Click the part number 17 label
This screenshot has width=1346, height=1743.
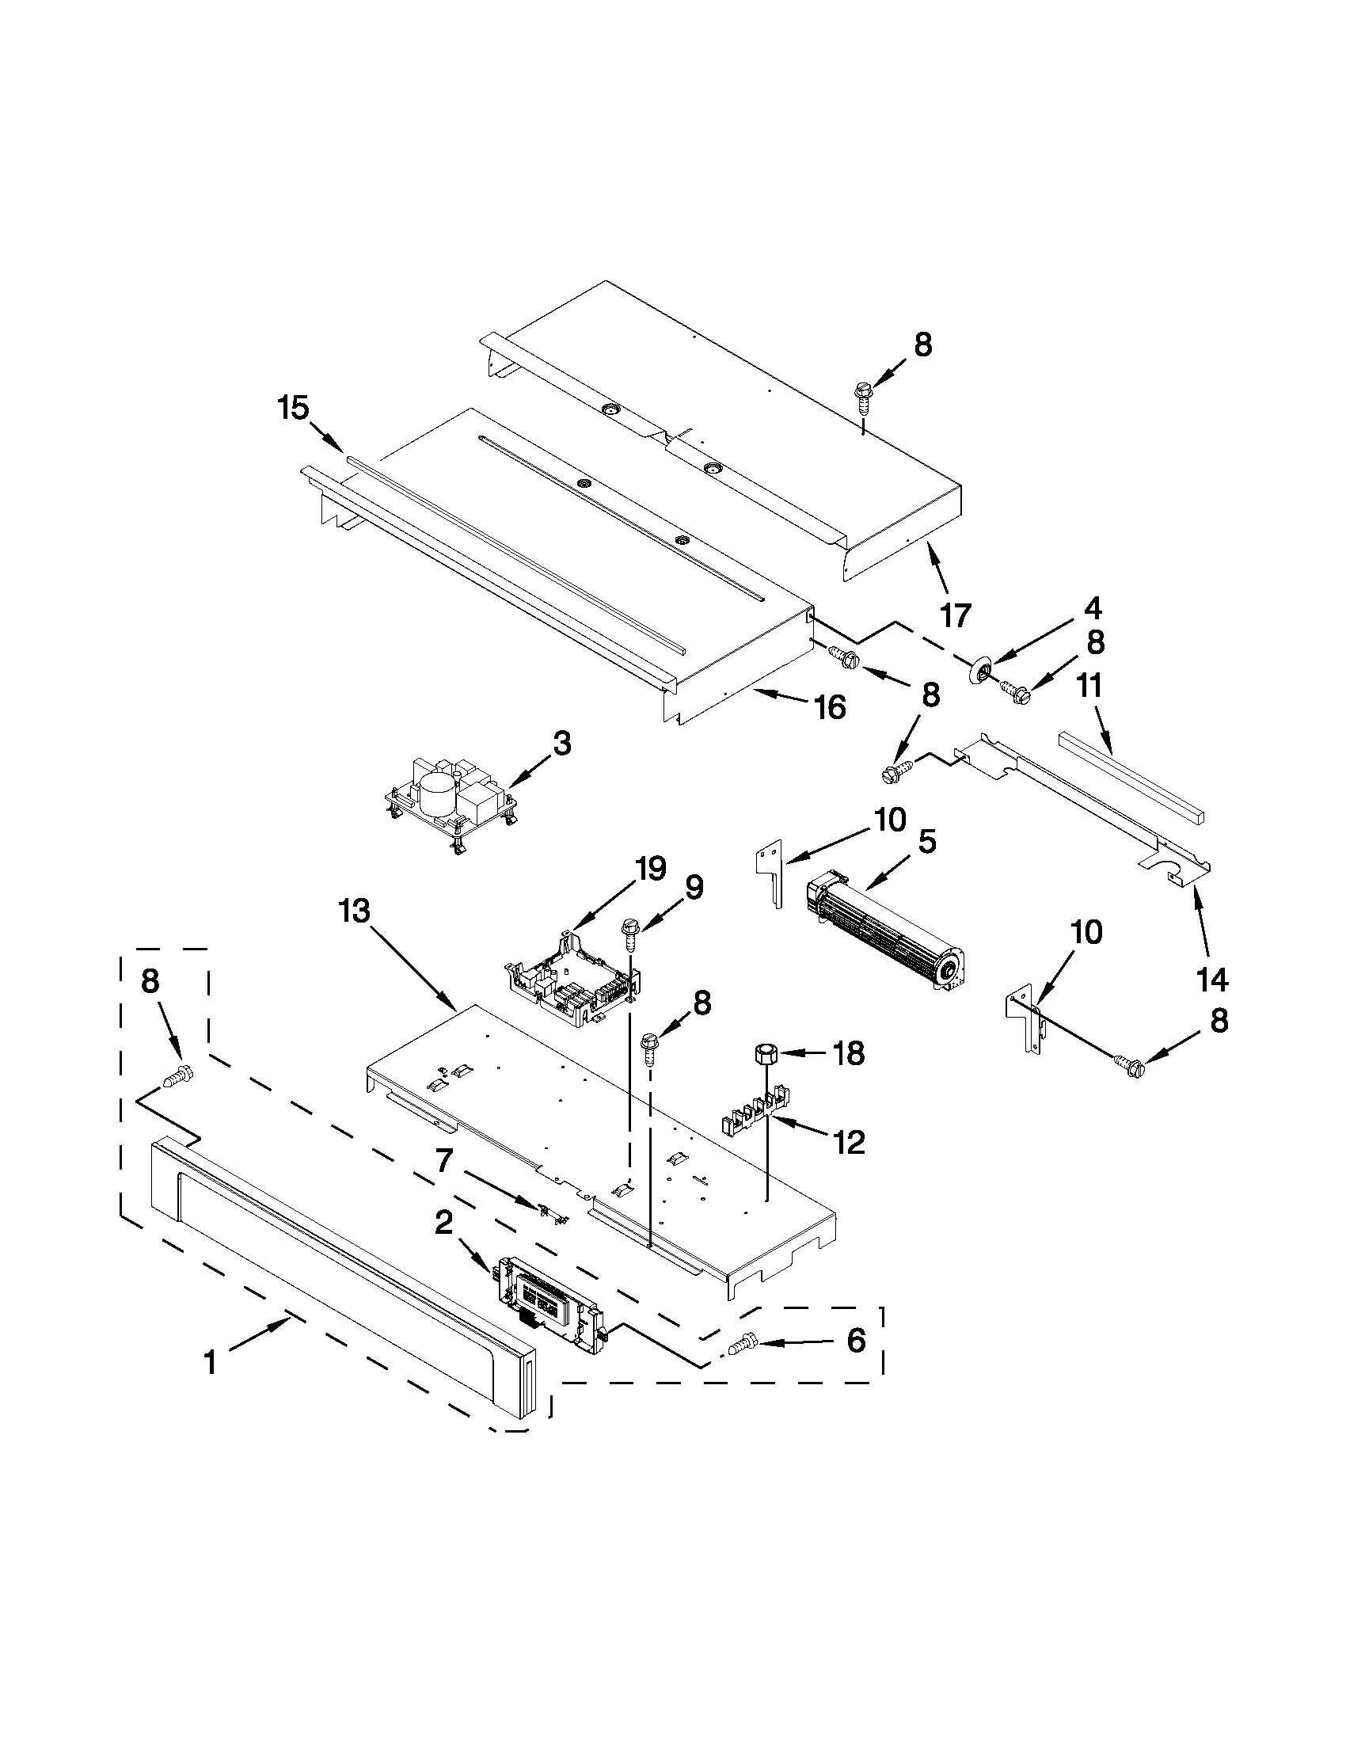coord(955,615)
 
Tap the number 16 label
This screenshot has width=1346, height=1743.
coord(831,707)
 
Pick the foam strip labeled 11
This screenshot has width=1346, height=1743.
coord(1131,777)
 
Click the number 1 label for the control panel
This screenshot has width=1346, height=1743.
coord(210,1361)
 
